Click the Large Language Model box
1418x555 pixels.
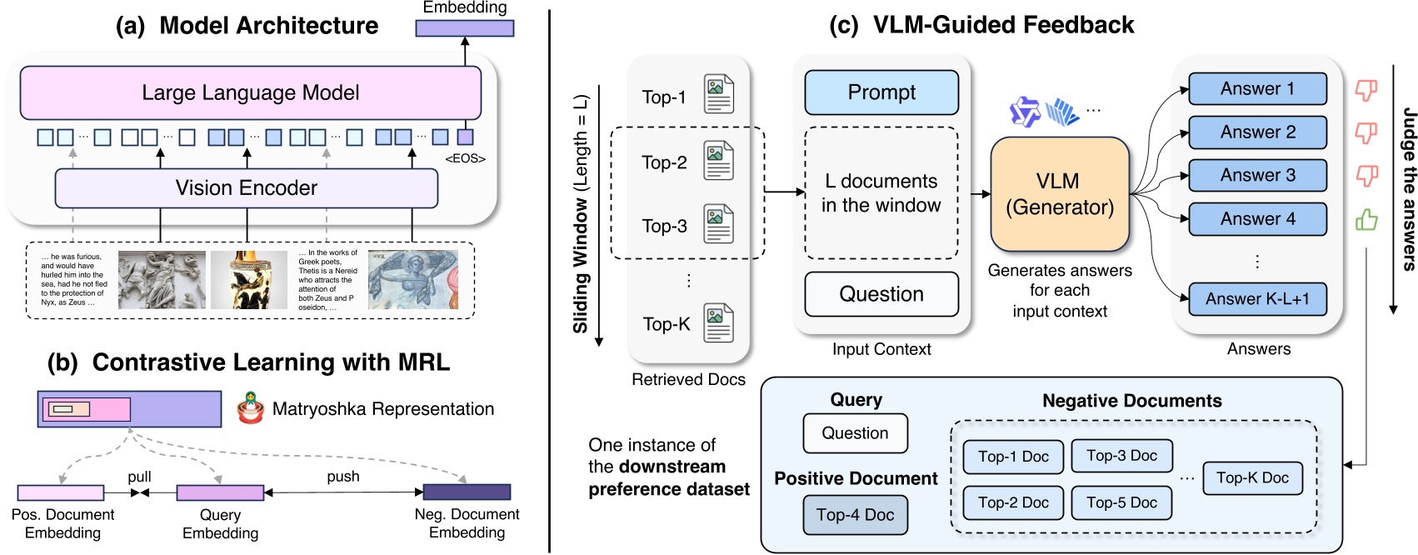point(250,92)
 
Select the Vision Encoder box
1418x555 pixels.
point(246,188)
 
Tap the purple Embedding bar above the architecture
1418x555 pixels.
point(464,28)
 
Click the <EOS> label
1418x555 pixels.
point(465,158)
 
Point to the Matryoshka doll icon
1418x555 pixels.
point(250,408)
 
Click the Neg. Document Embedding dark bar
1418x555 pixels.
point(467,492)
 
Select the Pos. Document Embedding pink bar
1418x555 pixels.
point(61,492)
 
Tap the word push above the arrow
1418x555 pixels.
point(343,476)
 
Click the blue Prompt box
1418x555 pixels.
point(881,92)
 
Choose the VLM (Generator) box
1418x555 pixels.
point(1059,194)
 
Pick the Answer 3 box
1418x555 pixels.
point(1257,176)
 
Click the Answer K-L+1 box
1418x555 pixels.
point(1257,299)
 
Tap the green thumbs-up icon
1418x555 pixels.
point(1366,220)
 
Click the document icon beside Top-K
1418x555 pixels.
point(718,323)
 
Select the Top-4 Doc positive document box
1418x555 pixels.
point(855,515)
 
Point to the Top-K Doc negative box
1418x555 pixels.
point(1252,478)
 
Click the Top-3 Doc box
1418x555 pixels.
point(1121,456)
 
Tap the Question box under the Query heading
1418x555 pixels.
point(855,433)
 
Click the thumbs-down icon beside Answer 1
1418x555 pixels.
point(1366,89)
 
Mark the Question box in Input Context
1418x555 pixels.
point(881,294)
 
